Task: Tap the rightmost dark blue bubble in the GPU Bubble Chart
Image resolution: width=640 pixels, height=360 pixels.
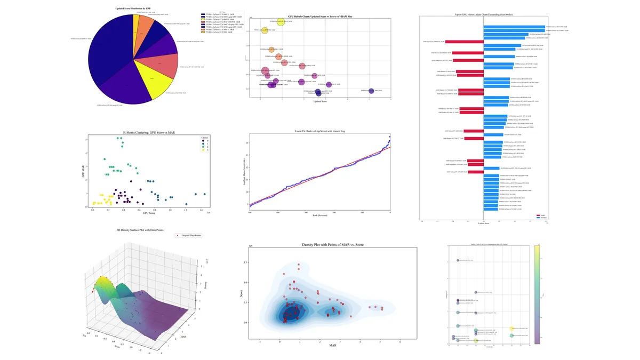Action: click(371, 91)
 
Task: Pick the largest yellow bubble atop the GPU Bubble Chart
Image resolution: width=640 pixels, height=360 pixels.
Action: click(281, 22)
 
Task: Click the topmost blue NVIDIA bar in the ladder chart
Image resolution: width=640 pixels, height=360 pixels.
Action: click(515, 27)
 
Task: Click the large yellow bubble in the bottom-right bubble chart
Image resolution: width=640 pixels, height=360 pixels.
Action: click(512, 329)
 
